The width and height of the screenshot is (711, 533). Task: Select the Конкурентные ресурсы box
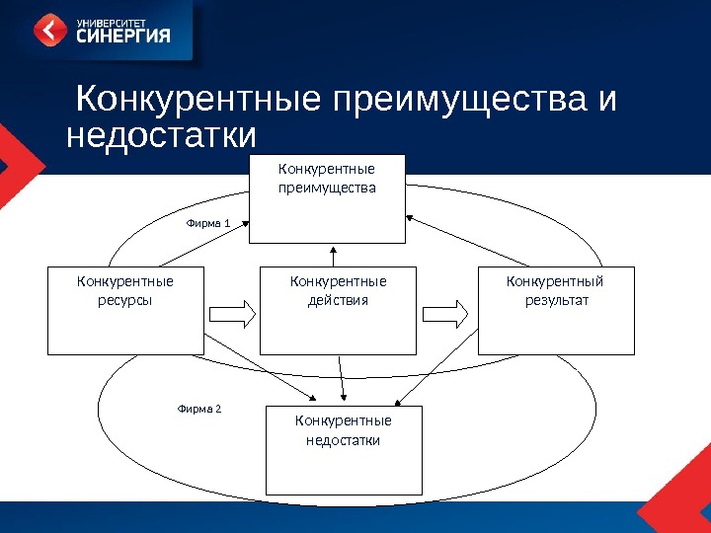tap(124, 310)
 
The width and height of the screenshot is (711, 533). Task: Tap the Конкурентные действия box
tap(338, 310)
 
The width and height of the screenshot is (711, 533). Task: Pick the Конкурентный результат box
tap(556, 310)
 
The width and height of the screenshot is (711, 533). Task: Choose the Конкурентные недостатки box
tap(344, 450)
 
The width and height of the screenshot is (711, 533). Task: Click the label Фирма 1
tap(208, 224)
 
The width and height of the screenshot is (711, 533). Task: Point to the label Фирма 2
tap(199, 407)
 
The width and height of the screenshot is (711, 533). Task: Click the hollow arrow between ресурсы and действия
tap(233, 313)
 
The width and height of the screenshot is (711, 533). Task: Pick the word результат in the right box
tap(556, 300)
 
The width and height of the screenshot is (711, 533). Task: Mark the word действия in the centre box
tap(338, 300)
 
